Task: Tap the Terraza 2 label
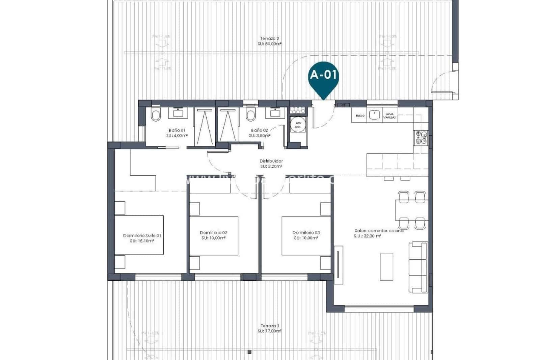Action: [x=269, y=38]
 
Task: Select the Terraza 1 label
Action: [x=269, y=326]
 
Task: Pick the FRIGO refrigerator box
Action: [x=360, y=115]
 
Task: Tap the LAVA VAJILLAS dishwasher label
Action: [x=389, y=115]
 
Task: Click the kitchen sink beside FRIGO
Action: [x=374, y=115]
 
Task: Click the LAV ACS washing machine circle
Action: [x=298, y=125]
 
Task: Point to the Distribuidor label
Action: [x=271, y=161]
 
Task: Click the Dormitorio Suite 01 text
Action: [x=142, y=235]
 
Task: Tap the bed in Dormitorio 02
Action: [x=214, y=235]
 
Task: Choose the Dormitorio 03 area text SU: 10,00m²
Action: [x=306, y=238]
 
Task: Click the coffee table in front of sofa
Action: [x=386, y=267]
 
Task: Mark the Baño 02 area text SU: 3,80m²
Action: [x=259, y=136]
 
